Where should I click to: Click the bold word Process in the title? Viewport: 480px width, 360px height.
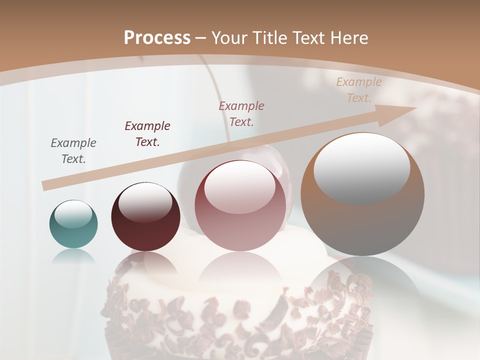click(157, 38)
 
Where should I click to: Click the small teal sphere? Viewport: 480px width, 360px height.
click(73, 225)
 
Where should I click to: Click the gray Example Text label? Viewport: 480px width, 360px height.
click(73, 151)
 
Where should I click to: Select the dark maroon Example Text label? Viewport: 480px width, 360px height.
click(147, 134)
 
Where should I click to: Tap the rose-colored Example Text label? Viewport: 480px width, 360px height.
click(241, 113)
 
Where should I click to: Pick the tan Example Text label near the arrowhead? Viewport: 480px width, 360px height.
click(358, 90)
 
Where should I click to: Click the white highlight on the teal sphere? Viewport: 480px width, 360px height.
click(73, 214)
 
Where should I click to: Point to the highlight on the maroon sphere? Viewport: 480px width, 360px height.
click(145, 201)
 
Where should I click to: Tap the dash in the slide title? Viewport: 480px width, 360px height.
click(201, 38)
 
